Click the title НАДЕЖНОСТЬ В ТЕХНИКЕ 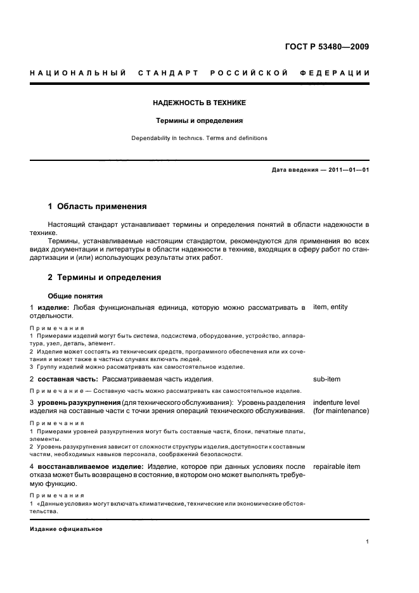(199, 103)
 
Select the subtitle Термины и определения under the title (199, 120)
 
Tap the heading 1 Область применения (98, 207)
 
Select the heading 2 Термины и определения (105, 277)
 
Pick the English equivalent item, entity (330, 307)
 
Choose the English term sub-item (326, 379)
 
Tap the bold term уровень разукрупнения (82, 403)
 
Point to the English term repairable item (336, 467)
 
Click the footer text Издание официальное (66, 529)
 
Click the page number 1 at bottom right (368, 542)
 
